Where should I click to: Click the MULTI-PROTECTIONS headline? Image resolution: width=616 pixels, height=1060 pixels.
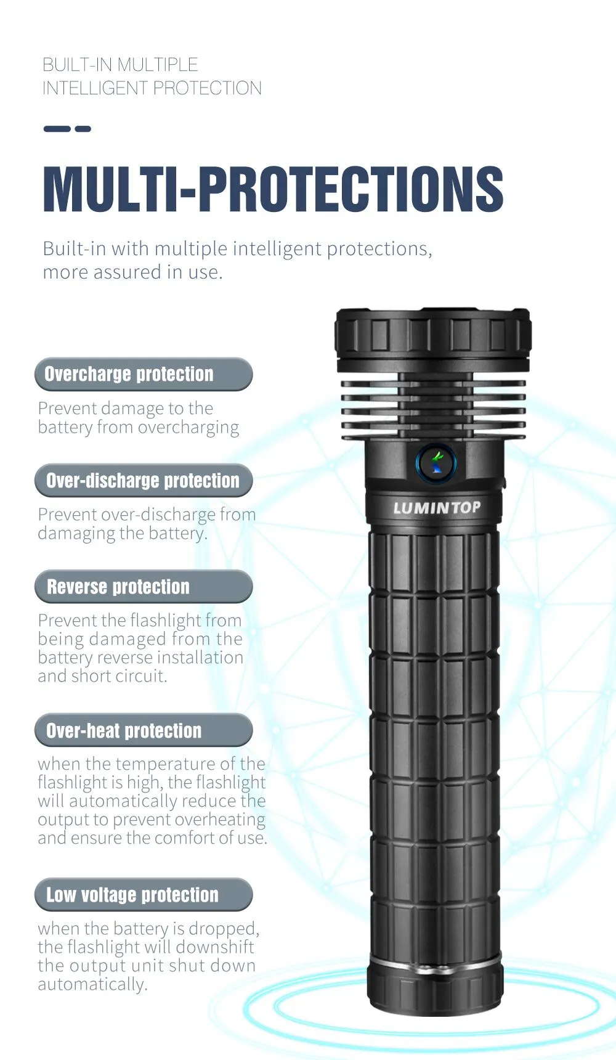(x=273, y=189)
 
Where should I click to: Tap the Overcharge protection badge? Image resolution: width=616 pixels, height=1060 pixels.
(x=144, y=374)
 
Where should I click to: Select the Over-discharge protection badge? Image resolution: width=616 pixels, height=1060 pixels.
(x=144, y=481)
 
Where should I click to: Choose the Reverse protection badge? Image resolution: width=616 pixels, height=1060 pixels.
(x=144, y=587)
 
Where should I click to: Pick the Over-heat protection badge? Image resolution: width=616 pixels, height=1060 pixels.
(x=144, y=730)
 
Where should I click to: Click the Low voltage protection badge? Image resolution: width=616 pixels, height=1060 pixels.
(x=144, y=895)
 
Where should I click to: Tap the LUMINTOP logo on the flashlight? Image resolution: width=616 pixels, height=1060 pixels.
(x=437, y=508)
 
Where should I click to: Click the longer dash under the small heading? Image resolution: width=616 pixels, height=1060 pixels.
(x=57, y=129)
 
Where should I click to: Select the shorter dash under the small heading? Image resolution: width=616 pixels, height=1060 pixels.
(x=83, y=129)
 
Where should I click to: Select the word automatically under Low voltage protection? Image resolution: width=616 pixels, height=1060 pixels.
(x=92, y=985)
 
